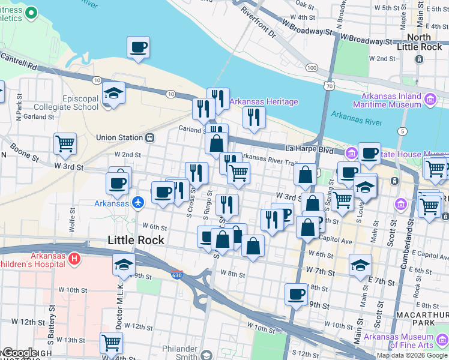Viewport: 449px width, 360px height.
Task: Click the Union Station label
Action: (x=119, y=137)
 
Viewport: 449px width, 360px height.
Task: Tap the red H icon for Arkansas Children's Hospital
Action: (x=74, y=259)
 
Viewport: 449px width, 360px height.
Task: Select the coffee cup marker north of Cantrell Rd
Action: (x=138, y=47)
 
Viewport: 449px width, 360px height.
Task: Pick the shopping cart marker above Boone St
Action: (x=65, y=144)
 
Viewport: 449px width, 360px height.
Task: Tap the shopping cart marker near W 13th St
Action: (x=111, y=343)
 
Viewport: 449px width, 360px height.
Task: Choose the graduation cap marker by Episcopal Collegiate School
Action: (x=113, y=93)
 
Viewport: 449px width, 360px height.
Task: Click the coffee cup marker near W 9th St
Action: (x=295, y=294)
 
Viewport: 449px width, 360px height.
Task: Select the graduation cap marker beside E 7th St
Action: (x=360, y=265)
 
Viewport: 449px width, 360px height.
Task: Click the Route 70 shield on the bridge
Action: (x=328, y=86)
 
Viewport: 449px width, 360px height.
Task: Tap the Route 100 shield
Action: (x=311, y=68)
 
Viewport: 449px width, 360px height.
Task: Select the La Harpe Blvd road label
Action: (x=309, y=148)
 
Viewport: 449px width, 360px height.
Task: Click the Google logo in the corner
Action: (x=19, y=353)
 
